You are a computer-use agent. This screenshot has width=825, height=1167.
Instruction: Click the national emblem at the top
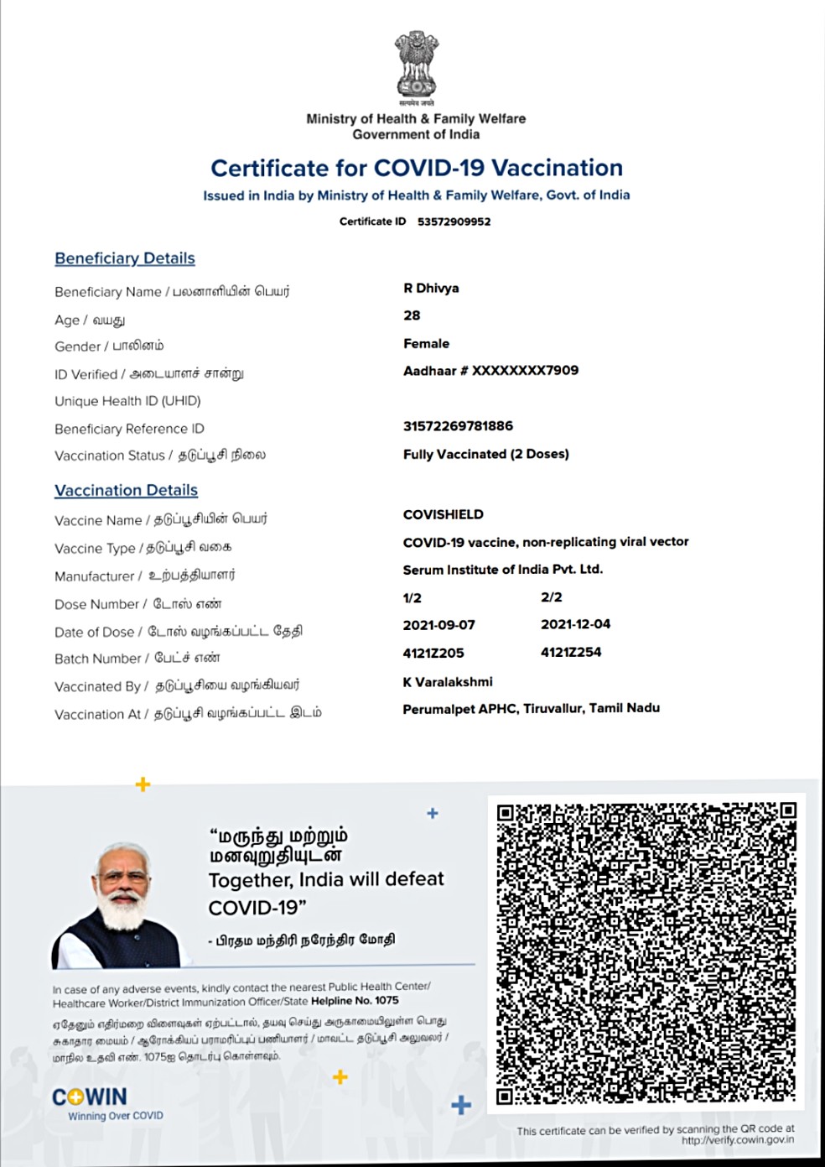pyautogui.click(x=417, y=65)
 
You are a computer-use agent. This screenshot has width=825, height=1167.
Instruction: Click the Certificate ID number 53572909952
pyautogui.click(x=454, y=221)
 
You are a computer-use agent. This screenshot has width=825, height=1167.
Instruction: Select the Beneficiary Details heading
pyautogui.click(x=125, y=258)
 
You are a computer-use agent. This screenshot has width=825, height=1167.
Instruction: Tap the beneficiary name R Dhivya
pyautogui.click(x=431, y=288)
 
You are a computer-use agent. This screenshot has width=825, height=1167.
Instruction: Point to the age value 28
pyautogui.click(x=412, y=315)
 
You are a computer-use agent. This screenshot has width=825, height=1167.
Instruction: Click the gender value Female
pyautogui.click(x=426, y=343)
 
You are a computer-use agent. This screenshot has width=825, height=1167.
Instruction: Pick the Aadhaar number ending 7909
pyautogui.click(x=490, y=370)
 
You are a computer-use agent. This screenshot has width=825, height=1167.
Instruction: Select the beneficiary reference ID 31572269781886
pyautogui.click(x=458, y=425)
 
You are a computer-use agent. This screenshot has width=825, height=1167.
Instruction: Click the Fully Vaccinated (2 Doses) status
pyautogui.click(x=485, y=454)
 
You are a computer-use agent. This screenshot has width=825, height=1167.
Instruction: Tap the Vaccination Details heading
pyautogui.click(x=127, y=490)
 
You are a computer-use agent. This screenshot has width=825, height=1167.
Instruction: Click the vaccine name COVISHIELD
pyautogui.click(x=443, y=514)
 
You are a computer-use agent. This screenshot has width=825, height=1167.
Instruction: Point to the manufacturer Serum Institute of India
pyautogui.click(x=502, y=569)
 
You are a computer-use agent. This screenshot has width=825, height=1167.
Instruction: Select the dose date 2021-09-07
pyautogui.click(x=438, y=625)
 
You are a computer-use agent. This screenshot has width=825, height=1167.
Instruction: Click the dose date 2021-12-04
pyautogui.click(x=575, y=624)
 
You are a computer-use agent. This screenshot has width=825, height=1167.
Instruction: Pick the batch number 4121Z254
pyautogui.click(x=571, y=652)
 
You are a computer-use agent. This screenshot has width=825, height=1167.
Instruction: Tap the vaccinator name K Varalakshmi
pyautogui.click(x=448, y=681)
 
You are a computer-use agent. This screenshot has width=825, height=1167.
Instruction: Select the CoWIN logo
pyautogui.click(x=90, y=1097)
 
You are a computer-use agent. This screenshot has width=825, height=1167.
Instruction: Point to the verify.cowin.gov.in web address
pyautogui.click(x=737, y=1140)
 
